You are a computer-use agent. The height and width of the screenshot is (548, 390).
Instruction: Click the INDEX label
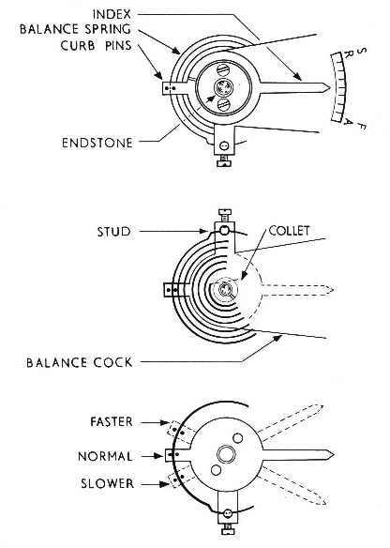[x=112, y=14]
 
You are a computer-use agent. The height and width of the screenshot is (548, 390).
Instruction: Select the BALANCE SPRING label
[x=75, y=29]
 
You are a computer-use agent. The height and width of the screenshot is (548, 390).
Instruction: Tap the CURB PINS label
[x=96, y=45]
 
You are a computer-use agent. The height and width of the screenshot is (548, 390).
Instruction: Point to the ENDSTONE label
[x=97, y=143]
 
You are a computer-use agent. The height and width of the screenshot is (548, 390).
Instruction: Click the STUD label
[x=113, y=232]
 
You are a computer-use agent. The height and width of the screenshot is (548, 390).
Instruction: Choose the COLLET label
[x=289, y=231]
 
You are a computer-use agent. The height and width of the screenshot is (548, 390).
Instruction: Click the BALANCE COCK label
[x=80, y=362]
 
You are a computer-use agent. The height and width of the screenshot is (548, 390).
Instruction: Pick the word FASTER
[x=112, y=421]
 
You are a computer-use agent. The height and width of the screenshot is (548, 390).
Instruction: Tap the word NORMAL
[x=105, y=456]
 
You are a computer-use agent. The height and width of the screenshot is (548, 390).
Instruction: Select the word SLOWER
[x=107, y=483]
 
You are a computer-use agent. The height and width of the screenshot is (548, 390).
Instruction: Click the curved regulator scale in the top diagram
[x=339, y=86]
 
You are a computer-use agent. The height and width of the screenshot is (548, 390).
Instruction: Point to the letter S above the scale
[x=363, y=52]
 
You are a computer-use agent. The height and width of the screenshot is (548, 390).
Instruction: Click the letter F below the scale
[x=362, y=126]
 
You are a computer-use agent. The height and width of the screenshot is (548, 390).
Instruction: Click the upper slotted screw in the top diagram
[x=222, y=69]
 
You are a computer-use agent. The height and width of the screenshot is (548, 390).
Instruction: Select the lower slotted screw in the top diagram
[x=223, y=104]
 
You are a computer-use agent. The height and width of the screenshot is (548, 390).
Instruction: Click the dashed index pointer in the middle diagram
[x=297, y=291]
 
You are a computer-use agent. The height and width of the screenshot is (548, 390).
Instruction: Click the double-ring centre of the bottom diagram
[x=226, y=455]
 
